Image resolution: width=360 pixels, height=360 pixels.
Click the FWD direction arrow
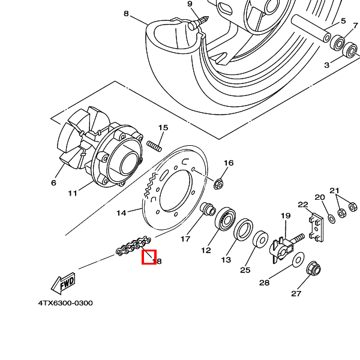pyautogui.click(x=63, y=281)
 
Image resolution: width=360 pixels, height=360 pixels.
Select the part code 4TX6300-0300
pyautogui.click(x=65, y=303)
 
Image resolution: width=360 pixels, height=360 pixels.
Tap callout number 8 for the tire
pyautogui.click(x=126, y=13)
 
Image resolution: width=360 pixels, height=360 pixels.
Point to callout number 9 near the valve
pyautogui.click(x=190, y=4)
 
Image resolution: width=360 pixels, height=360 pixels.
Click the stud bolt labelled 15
pyautogui.click(x=156, y=146)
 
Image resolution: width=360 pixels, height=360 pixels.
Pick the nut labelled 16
pyautogui.click(x=220, y=183)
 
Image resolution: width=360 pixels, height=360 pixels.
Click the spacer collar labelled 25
pyautogui.click(x=261, y=241)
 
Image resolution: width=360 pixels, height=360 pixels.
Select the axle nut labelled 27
pyautogui.click(x=312, y=269)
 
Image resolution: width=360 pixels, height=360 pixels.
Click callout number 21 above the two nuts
pyautogui.click(x=334, y=191)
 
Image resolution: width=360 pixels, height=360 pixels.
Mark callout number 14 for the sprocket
pyautogui.click(x=121, y=212)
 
